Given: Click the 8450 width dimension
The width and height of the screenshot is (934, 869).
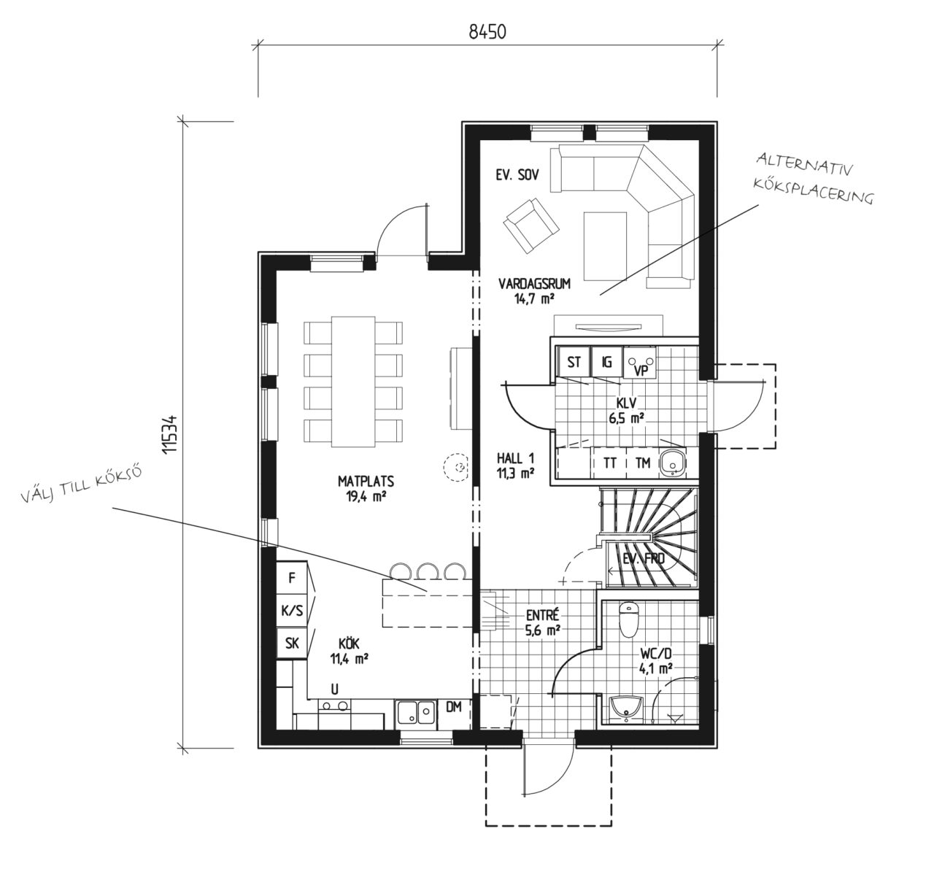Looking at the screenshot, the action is coord(487,32).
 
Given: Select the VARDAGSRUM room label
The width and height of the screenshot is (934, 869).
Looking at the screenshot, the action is coord(534,284).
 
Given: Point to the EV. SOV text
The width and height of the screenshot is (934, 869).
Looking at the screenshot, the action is coord(517,175).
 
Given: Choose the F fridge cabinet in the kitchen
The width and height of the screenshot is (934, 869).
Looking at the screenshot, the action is coord(292,578).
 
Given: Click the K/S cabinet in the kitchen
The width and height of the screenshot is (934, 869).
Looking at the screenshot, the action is coord(292,611).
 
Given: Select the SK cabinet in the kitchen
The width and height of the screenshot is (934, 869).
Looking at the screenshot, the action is coord(292,643).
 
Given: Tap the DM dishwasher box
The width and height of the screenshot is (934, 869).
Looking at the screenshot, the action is coord(454,714).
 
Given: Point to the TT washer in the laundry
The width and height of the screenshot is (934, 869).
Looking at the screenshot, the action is coord(610,463).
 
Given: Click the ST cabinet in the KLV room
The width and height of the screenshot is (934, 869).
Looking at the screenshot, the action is coord(574,362).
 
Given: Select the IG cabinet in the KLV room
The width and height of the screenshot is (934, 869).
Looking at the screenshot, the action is coord(606,362).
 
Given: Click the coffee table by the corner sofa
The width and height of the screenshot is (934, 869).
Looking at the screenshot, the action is coord(605,246).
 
